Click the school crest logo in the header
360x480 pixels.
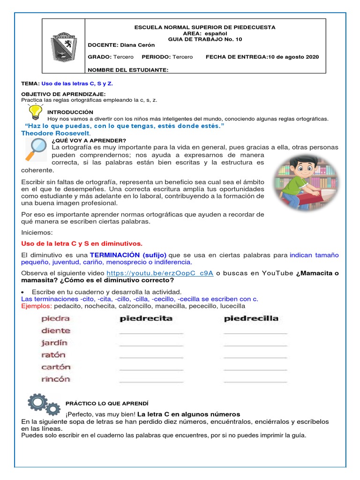[63, 46]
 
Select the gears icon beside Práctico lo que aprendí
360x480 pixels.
[44, 405]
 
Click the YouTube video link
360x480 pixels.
[160, 273]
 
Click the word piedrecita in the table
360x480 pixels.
[146, 318]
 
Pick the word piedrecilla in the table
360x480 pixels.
[251, 318]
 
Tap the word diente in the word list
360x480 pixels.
[56, 330]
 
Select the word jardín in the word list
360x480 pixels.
[54, 343]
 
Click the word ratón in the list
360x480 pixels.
[53, 355]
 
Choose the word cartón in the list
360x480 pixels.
[56, 367]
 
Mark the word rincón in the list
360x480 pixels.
[56, 379]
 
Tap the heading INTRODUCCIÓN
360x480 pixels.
[70, 112]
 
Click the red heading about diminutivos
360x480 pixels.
[82, 243]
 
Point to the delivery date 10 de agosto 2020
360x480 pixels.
[293, 57]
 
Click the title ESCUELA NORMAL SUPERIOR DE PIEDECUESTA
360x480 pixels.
[205, 27]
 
